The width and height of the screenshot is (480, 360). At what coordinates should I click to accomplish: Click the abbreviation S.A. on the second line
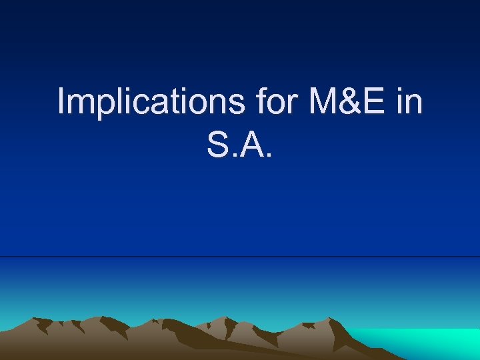tap(240, 145)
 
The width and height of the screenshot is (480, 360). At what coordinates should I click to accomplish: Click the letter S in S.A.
tap(219, 145)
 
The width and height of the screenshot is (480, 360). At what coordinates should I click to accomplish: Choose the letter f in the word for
tap(261, 102)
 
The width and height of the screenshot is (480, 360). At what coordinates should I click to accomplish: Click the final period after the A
tap(269, 155)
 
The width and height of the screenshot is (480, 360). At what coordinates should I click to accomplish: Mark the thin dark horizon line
tap(240, 257)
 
